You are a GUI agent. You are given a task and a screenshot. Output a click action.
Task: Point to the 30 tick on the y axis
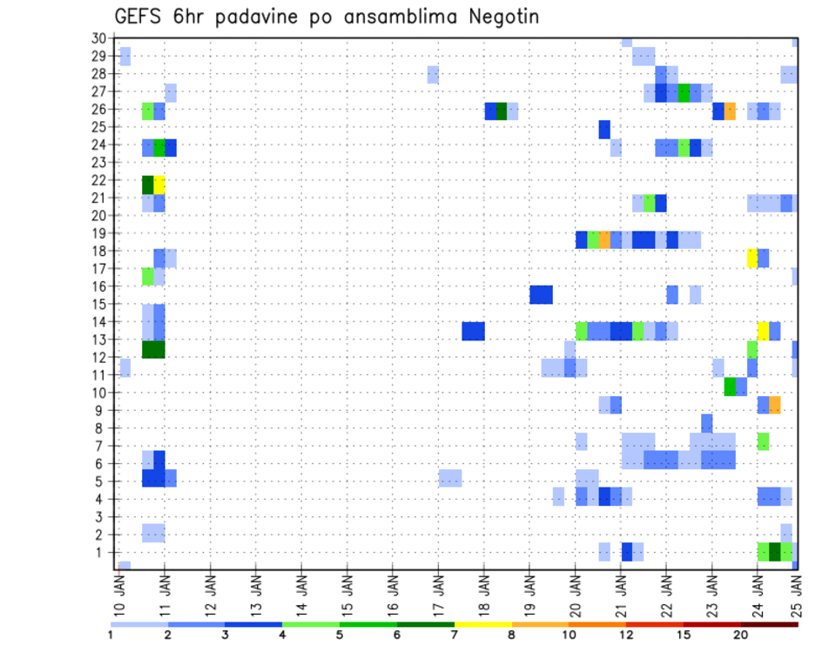coord(98,38)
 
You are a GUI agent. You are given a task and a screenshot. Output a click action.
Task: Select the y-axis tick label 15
coord(98,304)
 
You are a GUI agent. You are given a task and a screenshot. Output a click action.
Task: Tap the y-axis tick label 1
coord(102,552)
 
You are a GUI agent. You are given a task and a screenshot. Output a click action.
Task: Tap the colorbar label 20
coord(740,636)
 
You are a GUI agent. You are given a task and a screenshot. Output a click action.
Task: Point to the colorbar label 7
coord(454,636)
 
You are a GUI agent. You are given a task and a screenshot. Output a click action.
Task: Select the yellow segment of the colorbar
coord(482,624)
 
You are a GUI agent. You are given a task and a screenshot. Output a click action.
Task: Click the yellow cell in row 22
coord(159,185)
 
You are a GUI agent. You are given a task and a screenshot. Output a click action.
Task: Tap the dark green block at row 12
coord(153,349)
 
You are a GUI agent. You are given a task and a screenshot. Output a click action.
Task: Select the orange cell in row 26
coord(730,111)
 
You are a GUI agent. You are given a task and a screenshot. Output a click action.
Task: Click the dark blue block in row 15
coord(541,294)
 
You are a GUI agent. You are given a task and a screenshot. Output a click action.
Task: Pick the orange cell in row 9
coord(775,405)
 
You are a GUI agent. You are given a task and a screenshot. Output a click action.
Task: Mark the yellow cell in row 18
coord(752,258)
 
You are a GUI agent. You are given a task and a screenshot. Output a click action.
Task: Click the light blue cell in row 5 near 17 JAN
coord(450,478)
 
